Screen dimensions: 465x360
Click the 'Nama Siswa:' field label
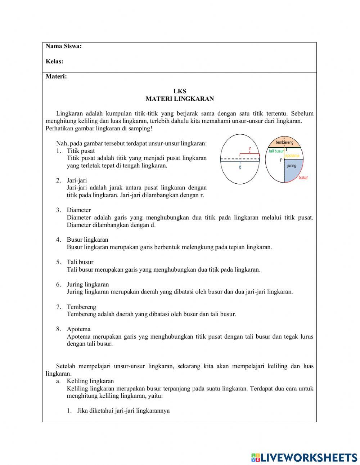[64, 46]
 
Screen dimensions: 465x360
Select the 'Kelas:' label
[54, 61]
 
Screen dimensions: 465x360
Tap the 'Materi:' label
[56, 76]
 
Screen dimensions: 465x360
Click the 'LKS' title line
[180, 91]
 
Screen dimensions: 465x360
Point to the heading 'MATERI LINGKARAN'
[180, 99]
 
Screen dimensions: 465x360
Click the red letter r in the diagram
[250, 149]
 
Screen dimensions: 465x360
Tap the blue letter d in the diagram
[240, 167]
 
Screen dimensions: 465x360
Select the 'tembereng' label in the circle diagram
[284, 142]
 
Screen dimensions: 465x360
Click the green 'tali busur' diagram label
[276, 151]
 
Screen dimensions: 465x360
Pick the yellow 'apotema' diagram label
[292, 156]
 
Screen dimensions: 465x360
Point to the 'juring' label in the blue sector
[292, 166]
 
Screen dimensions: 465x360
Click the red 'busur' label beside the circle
[303, 178]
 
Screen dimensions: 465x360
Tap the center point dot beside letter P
[284, 160]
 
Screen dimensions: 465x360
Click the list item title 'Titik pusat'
[81, 151]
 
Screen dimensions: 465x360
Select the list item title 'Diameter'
[79, 210]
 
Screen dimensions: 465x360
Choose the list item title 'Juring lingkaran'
[87, 284]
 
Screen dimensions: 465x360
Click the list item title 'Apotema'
[78, 329]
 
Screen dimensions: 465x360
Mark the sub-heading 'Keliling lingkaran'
[90, 381]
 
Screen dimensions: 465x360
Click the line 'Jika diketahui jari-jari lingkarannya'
[123, 411]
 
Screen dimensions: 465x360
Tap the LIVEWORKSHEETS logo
[304, 457]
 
